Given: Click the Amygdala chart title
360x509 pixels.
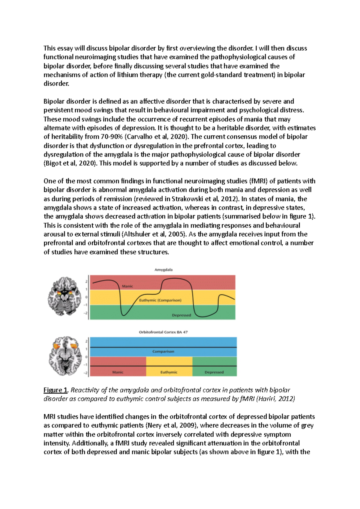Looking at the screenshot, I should [163, 270].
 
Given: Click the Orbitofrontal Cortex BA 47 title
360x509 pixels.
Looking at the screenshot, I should [163, 332].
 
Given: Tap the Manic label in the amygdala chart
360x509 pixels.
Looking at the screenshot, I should [127, 286].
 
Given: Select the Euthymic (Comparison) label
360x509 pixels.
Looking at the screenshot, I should [160, 300].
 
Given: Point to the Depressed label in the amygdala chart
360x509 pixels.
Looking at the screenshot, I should [181, 315].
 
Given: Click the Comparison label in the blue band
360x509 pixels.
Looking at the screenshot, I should [163, 351].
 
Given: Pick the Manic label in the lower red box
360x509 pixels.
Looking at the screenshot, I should [118, 372].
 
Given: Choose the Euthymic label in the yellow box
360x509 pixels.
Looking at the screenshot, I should [169, 372].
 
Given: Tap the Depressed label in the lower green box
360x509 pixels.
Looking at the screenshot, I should [214, 372].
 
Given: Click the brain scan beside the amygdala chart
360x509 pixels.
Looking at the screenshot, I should [65, 296].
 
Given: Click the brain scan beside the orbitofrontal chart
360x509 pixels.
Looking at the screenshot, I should [65, 356].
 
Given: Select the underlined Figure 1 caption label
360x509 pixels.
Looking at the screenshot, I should [55, 390].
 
